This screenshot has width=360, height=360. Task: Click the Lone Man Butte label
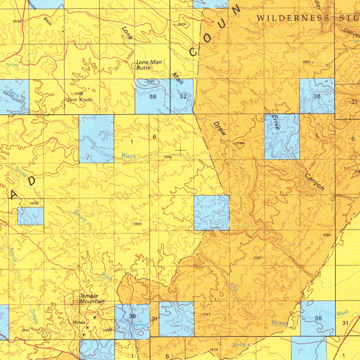149,65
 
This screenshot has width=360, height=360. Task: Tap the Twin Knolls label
80,100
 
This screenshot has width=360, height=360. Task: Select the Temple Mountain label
92,299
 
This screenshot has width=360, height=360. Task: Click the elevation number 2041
150,82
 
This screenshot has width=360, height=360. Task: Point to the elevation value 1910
167,157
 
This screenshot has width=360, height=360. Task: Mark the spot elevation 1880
137,224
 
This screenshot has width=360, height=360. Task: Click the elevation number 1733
257,258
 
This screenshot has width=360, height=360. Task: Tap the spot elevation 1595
327,235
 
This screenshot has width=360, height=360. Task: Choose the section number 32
183,96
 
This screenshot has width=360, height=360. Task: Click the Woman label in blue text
280,323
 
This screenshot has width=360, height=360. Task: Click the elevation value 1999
34,204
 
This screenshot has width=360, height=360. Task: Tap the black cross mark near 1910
181,151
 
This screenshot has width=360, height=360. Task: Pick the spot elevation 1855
307,62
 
